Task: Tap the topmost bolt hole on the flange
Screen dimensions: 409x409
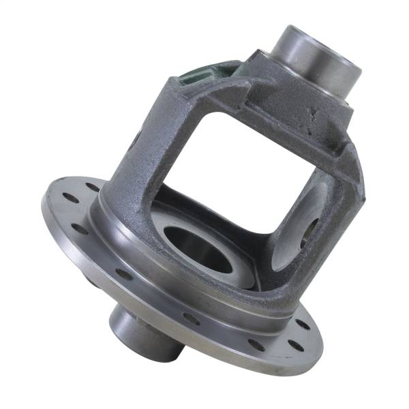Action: [91, 185]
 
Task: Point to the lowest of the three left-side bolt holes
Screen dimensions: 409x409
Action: [80, 228]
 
